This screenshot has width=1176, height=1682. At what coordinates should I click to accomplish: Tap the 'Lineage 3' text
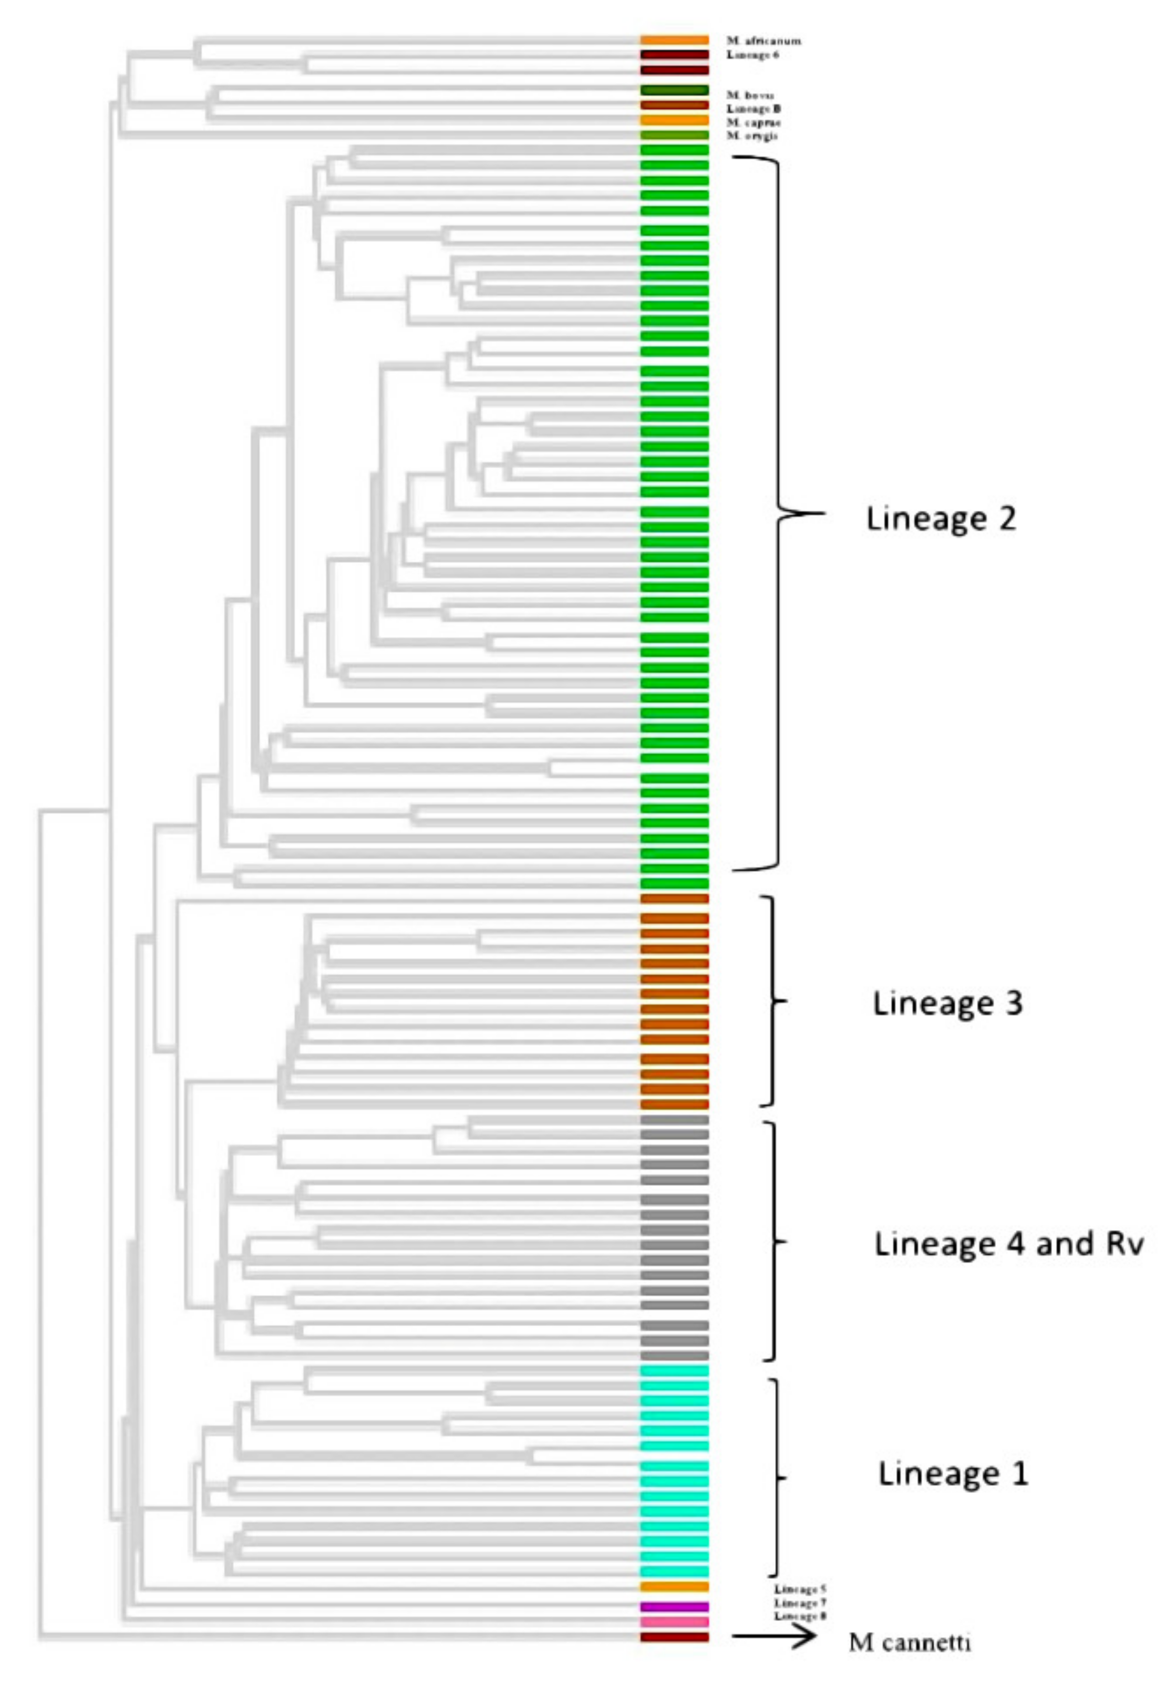tap(947, 1003)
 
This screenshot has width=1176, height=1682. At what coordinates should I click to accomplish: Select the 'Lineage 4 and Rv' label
tap(1008, 1243)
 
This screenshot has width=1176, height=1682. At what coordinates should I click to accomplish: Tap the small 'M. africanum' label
tap(763, 41)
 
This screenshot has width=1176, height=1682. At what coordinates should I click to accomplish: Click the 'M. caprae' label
tap(752, 122)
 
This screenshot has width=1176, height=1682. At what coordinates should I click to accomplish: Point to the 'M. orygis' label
tap(752, 136)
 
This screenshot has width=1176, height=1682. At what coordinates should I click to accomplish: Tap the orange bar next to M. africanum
tap(674, 40)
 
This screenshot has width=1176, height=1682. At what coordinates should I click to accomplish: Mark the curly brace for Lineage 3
tap(772, 1000)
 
